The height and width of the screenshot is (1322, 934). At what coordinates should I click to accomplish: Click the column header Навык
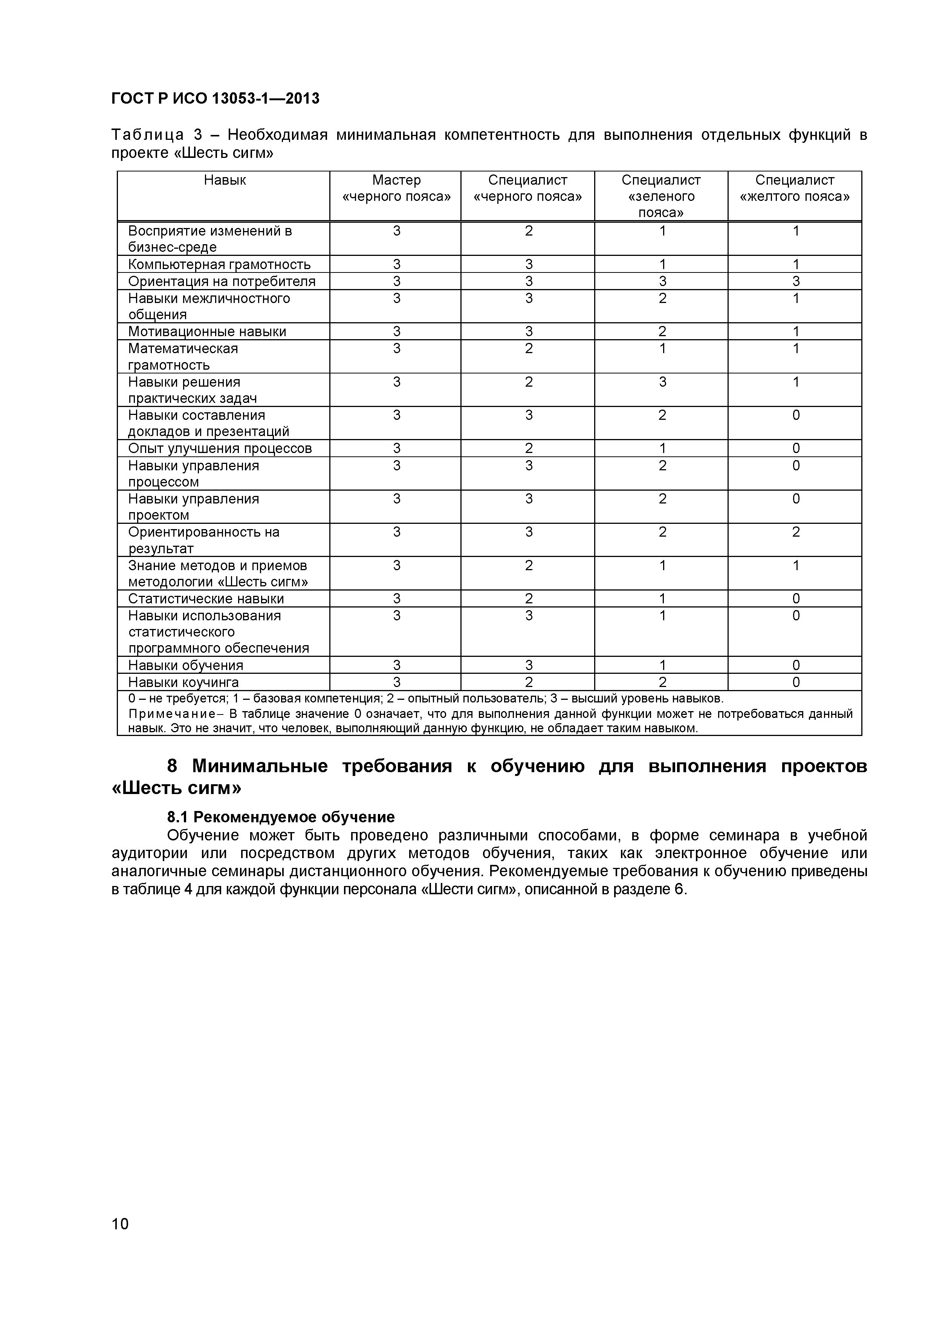click(225, 180)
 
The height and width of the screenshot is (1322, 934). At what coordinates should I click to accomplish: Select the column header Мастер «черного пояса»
click(396, 188)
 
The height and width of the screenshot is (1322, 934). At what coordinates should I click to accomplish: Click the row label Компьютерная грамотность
click(219, 264)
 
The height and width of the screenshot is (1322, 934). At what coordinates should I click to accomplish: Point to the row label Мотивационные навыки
click(207, 332)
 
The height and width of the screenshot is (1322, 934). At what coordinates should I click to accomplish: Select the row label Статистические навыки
click(206, 599)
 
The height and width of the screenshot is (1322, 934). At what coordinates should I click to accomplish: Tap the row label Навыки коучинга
click(183, 682)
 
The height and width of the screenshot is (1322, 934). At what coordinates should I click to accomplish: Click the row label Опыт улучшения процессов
click(220, 448)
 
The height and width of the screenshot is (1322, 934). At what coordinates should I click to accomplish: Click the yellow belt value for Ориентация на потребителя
click(795, 282)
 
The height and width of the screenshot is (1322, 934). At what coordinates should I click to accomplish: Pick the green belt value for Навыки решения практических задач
click(662, 383)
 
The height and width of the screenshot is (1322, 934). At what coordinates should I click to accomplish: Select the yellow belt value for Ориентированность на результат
click(795, 532)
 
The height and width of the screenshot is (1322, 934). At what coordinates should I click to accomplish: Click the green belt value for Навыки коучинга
click(662, 682)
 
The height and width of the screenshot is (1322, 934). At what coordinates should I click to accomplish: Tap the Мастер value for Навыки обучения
click(396, 666)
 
